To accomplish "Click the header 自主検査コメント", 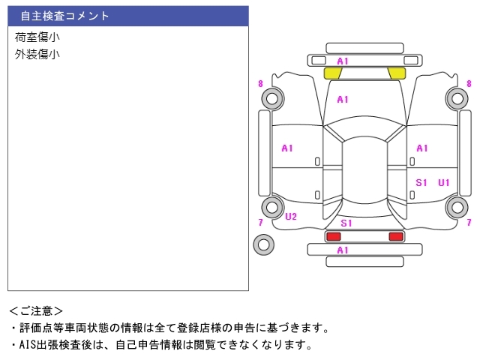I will [65, 16].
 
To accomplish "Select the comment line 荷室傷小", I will [37, 37].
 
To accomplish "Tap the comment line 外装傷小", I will [37, 54].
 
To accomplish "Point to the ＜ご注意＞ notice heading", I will [36, 310].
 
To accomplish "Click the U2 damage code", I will [291, 217].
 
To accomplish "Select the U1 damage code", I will [444, 182].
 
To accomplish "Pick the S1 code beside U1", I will [421, 182].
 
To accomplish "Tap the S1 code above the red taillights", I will [346, 223].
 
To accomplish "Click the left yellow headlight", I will [332, 73].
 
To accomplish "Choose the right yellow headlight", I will [397, 73].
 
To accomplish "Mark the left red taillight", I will [332, 236].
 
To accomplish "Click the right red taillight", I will [395, 236].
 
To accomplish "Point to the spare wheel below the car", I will [263, 244].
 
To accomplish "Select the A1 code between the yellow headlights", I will [343, 61].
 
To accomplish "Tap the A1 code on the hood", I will [343, 99].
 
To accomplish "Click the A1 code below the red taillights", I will [343, 250].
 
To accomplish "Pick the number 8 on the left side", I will [260, 84].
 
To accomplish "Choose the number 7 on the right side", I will [469, 222].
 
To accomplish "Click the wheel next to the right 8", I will [456, 97].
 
